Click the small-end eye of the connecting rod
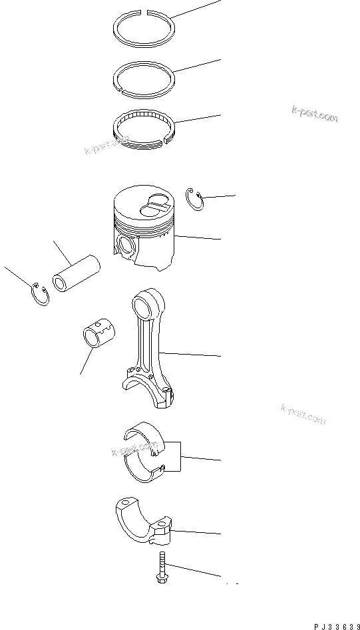pos(144,306)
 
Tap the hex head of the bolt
pos(160,579)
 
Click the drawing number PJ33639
pos(333,625)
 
